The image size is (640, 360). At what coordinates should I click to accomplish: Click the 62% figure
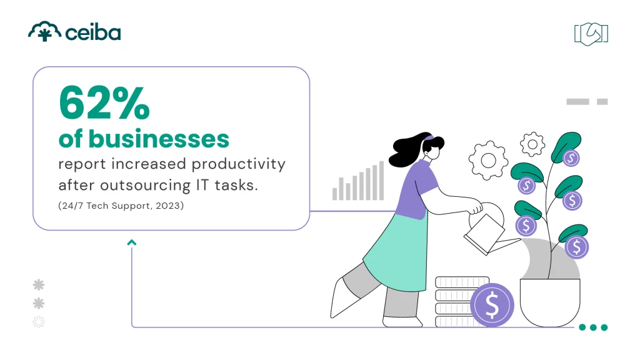click(x=104, y=103)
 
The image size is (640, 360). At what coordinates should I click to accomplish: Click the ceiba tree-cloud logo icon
click(x=44, y=32)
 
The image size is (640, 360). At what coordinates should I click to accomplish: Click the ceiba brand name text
click(x=93, y=32)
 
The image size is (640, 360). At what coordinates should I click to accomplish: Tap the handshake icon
click(x=591, y=34)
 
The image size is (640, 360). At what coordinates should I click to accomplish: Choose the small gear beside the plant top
click(x=532, y=144)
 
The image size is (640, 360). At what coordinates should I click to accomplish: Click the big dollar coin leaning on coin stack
click(x=492, y=306)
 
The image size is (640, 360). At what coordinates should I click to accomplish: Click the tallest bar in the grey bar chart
click(x=381, y=181)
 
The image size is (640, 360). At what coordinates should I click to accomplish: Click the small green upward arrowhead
click(x=132, y=242)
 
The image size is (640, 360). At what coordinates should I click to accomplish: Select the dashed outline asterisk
click(x=39, y=322)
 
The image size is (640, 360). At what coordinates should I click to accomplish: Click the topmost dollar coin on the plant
click(x=571, y=158)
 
